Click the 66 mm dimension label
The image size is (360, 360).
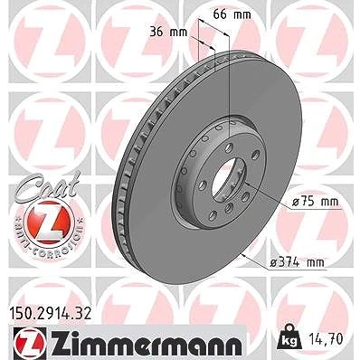[x=232, y=14]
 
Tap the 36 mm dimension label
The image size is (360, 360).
[x=168, y=32]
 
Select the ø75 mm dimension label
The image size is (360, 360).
[x=316, y=202]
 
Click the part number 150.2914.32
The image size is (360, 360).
[x=51, y=314]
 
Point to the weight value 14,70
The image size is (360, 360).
[x=327, y=339]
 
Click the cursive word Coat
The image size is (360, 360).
[x=47, y=185]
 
